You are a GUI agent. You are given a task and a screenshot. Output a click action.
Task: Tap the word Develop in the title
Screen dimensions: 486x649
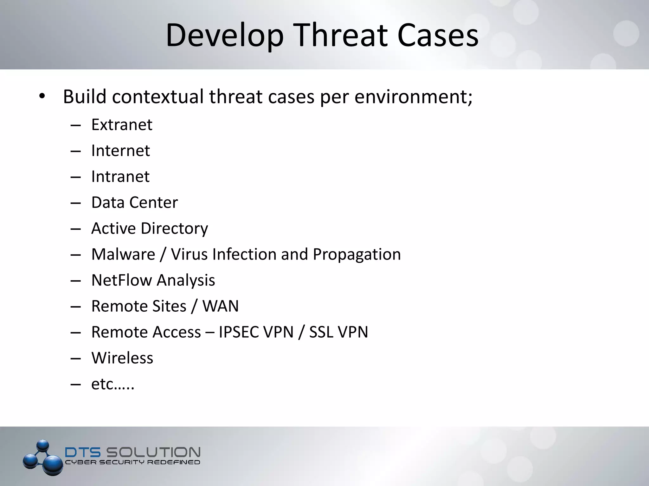coord(224,35)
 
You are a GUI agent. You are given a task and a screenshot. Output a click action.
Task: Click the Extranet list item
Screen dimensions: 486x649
coord(122,125)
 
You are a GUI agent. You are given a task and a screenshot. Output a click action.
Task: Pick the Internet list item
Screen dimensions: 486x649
coord(120,151)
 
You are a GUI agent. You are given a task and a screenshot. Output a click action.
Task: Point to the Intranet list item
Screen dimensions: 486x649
coord(120,177)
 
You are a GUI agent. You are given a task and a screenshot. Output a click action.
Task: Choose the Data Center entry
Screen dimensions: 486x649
coord(134,202)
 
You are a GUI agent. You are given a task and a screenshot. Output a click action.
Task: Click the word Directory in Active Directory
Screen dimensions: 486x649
coord(174,228)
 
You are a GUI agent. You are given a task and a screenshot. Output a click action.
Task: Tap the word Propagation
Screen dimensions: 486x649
coord(357,255)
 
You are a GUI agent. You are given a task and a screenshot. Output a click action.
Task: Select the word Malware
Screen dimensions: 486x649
coord(123,254)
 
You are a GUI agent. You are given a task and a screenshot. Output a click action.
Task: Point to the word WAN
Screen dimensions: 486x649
coord(221,306)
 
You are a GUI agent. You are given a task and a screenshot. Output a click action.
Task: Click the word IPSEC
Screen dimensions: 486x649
coord(238,332)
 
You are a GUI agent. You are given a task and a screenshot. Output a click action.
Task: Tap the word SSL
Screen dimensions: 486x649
coord(321,332)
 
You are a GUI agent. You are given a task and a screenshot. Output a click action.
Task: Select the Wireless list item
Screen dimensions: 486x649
coord(122,358)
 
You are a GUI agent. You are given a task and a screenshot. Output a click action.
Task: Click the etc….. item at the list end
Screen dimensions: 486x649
coord(113,384)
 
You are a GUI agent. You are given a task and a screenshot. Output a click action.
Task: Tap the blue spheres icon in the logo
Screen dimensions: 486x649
coord(43,458)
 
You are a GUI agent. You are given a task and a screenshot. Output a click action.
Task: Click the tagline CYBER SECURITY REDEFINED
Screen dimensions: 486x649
coord(132,463)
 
